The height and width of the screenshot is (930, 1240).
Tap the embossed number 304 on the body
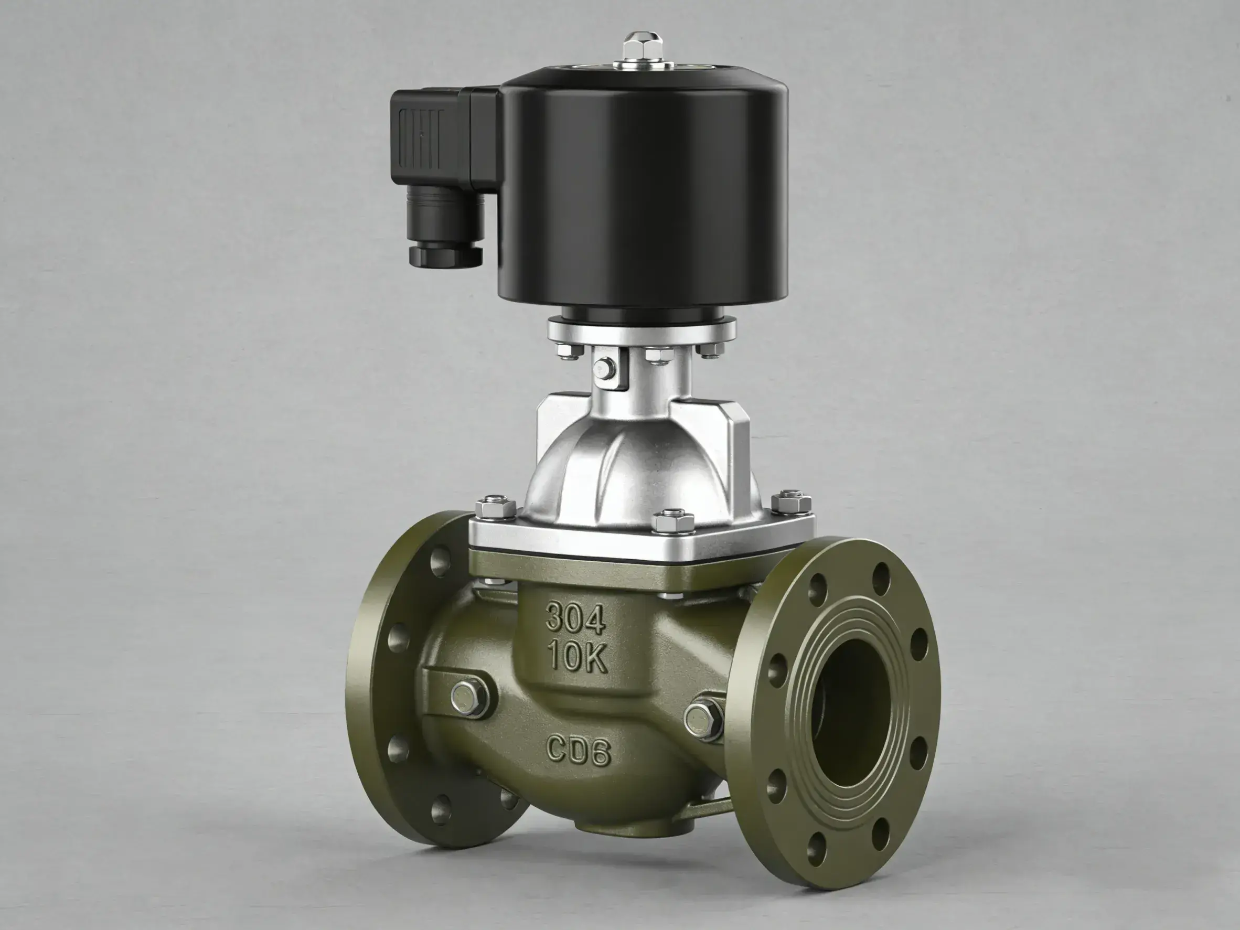576,618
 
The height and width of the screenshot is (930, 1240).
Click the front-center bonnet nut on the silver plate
671,521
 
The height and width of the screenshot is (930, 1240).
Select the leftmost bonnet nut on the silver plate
496,506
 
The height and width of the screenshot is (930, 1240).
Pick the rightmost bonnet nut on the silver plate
791,501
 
